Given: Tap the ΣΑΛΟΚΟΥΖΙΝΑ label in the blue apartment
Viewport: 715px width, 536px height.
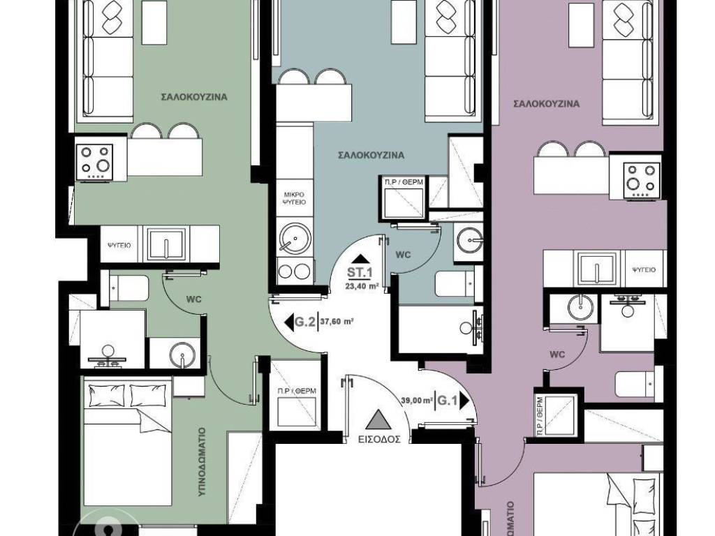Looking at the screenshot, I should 371,155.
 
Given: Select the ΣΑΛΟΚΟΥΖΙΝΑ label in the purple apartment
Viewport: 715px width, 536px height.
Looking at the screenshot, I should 546,104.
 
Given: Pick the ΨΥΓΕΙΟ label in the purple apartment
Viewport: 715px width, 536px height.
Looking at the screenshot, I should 642,268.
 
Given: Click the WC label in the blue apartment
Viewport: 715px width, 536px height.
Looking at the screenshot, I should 403,255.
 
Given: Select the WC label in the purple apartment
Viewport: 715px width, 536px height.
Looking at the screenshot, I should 557,354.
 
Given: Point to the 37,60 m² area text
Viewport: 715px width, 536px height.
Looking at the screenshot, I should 337,322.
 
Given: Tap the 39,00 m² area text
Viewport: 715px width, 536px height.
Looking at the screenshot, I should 418,401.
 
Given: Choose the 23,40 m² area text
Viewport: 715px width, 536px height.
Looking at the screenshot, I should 362,285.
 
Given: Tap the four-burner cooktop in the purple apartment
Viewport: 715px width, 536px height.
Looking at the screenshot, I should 642,177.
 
